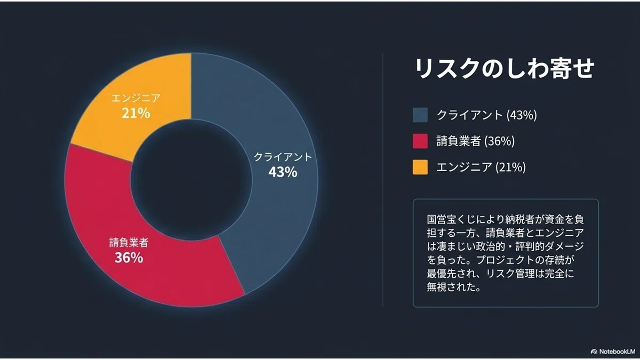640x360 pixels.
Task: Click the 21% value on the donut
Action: click(135, 114)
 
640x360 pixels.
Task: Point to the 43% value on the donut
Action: click(283, 172)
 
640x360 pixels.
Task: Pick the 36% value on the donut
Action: click(129, 258)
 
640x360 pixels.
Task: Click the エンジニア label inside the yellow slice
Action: click(135, 98)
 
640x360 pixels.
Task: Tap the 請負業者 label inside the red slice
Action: click(129, 243)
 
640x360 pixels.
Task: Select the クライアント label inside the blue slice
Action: click(283, 157)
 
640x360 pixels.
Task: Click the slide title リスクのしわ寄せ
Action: click(505, 68)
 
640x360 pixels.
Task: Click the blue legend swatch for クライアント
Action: click(420, 115)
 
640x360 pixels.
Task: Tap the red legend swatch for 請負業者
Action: click(420, 141)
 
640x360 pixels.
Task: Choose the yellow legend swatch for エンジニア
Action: click(420, 167)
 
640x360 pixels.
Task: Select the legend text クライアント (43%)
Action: click(486, 115)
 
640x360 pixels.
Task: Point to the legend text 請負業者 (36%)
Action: click(475, 141)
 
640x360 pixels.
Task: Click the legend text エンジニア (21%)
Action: click(481, 167)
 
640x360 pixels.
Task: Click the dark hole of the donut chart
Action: click(191, 180)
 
